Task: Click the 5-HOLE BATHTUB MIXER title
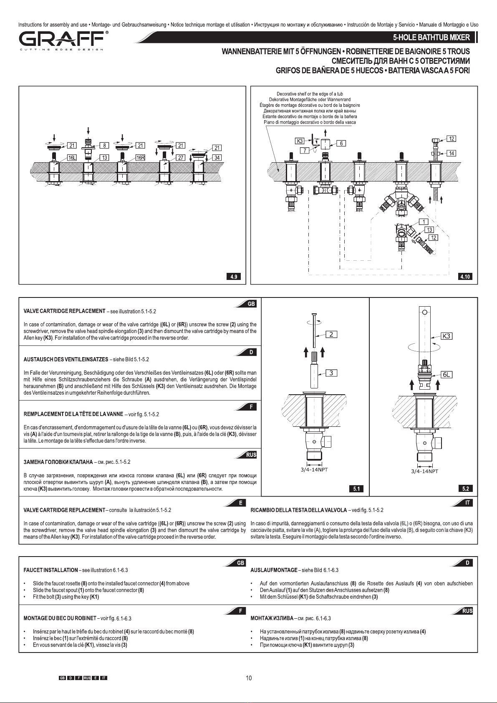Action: (431, 38)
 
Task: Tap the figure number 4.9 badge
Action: (234, 277)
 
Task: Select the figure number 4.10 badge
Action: (465, 277)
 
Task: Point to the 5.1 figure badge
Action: (356, 489)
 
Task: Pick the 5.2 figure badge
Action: (465, 489)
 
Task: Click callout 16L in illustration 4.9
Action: (72, 158)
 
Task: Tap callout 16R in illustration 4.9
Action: (140, 158)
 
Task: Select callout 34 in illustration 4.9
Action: (217, 158)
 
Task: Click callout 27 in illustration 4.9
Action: (181, 158)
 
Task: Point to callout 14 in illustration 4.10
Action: (452, 153)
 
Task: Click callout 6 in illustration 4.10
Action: (341, 144)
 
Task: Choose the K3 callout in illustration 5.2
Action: (447, 336)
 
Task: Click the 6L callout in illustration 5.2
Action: (447, 374)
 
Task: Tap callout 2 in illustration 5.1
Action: (331, 335)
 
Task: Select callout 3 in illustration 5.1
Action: (331, 373)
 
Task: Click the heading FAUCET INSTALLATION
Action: (51, 570)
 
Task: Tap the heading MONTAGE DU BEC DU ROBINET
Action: (60, 618)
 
